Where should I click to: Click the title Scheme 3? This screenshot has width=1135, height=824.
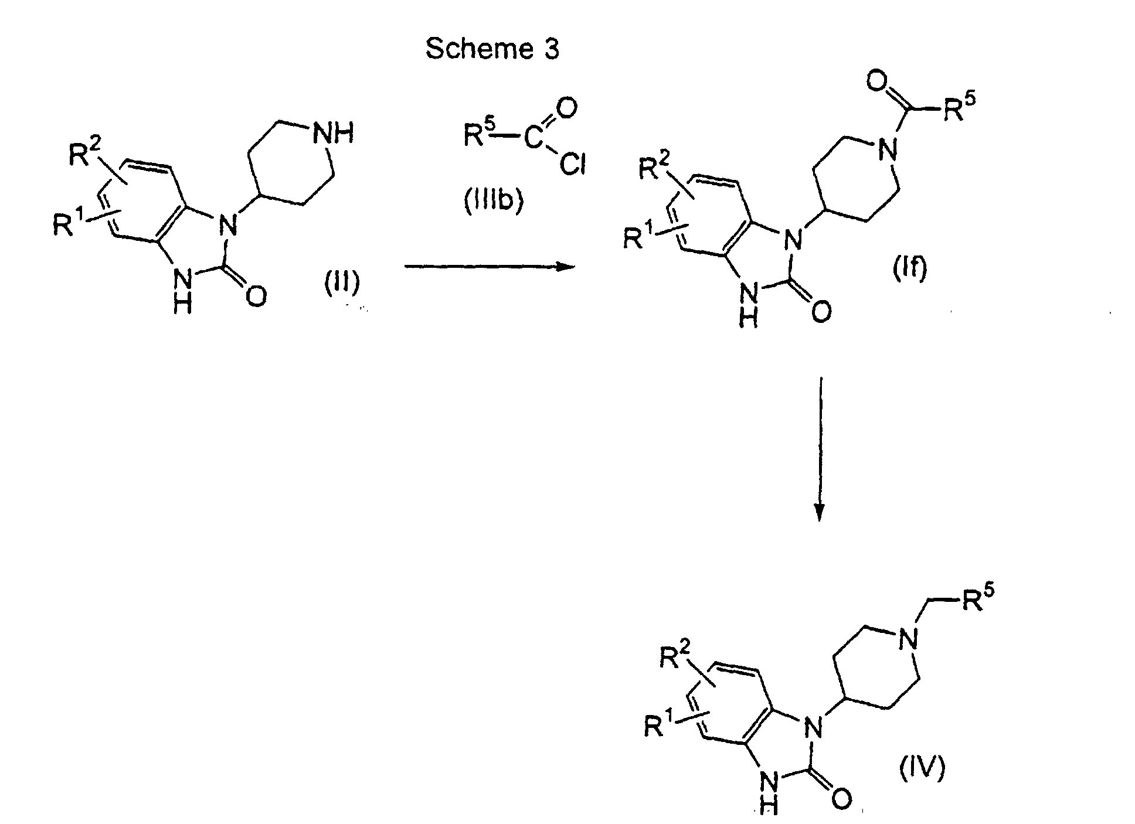click(492, 49)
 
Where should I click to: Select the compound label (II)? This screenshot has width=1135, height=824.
click(342, 284)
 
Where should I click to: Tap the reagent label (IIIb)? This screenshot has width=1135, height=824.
click(493, 201)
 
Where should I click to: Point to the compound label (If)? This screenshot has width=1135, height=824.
click(909, 268)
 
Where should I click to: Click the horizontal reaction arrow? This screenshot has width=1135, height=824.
click(490, 267)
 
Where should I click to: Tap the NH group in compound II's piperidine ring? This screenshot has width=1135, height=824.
click(333, 134)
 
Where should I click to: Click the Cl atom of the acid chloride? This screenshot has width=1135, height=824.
click(571, 166)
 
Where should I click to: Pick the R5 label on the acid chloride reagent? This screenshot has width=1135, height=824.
click(477, 135)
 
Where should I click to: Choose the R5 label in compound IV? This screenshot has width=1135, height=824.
click(977, 601)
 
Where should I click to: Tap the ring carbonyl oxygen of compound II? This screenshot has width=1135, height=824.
click(256, 296)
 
